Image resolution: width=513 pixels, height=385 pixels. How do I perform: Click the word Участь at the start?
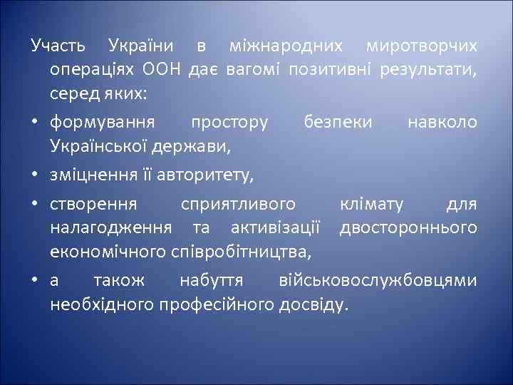(58, 46)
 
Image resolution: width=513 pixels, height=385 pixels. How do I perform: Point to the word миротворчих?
(421, 46)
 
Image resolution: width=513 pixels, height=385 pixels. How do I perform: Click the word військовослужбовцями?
(377, 281)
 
